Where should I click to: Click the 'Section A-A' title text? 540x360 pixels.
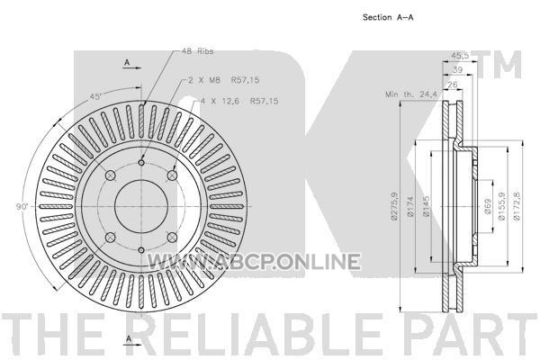388,17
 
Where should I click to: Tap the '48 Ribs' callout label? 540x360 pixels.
197,51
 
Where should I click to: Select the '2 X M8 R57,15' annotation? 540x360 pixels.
224,80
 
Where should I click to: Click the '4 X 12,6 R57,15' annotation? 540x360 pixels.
239,102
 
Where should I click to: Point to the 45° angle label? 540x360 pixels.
96,97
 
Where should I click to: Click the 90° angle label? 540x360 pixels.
22,207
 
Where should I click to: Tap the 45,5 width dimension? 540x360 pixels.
460,56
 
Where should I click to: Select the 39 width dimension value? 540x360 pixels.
457,69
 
